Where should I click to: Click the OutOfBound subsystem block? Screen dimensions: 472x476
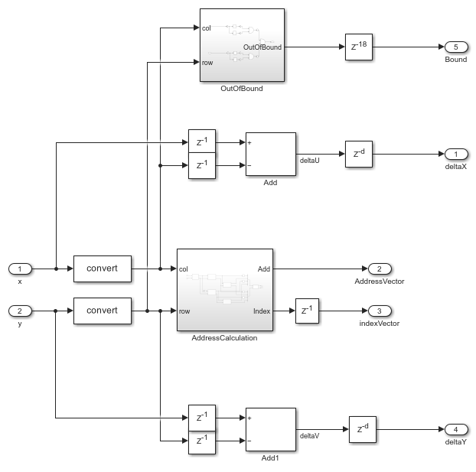[x=242, y=45]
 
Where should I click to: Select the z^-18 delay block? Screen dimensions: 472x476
[x=357, y=47]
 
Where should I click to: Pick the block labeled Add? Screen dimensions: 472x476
[x=270, y=154]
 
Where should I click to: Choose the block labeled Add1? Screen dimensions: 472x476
[x=270, y=429]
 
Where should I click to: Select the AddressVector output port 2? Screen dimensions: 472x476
[x=380, y=269]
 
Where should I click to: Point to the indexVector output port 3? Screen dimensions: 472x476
[x=380, y=311]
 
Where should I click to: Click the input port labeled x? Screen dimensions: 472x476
[x=20, y=269]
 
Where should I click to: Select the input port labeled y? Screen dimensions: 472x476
[x=20, y=311]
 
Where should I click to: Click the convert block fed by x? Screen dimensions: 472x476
[x=102, y=269]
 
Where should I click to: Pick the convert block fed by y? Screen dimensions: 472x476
[x=102, y=311]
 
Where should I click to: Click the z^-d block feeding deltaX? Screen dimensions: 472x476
[x=357, y=154]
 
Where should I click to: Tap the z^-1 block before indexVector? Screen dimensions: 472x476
[x=307, y=311]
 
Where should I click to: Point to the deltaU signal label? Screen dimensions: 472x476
[x=309, y=161]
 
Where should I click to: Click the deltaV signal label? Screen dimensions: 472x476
[x=309, y=436]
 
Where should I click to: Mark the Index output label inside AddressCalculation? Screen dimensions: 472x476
[x=262, y=311]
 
